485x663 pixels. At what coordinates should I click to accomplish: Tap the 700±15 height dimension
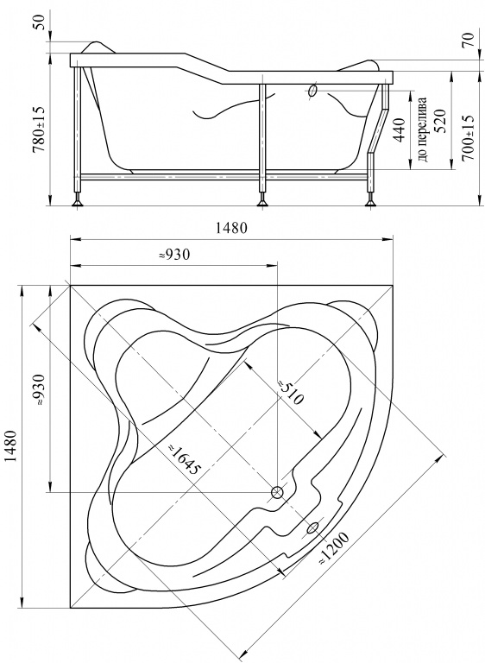tap(468, 138)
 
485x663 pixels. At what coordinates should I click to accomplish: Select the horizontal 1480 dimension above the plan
tap(231, 228)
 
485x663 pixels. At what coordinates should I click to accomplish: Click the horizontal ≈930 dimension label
tap(174, 255)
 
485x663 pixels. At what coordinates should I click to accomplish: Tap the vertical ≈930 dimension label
tap(39, 390)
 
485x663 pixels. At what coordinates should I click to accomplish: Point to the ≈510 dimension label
tap(291, 393)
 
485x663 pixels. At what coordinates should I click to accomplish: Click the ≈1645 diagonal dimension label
tap(183, 459)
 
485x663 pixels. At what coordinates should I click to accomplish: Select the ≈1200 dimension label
tap(334, 548)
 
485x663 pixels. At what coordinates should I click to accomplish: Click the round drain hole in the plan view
tap(277, 492)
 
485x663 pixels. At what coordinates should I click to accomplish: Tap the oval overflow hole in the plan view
tap(312, 527)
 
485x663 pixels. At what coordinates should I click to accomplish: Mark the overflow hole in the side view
tap(313, 91)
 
